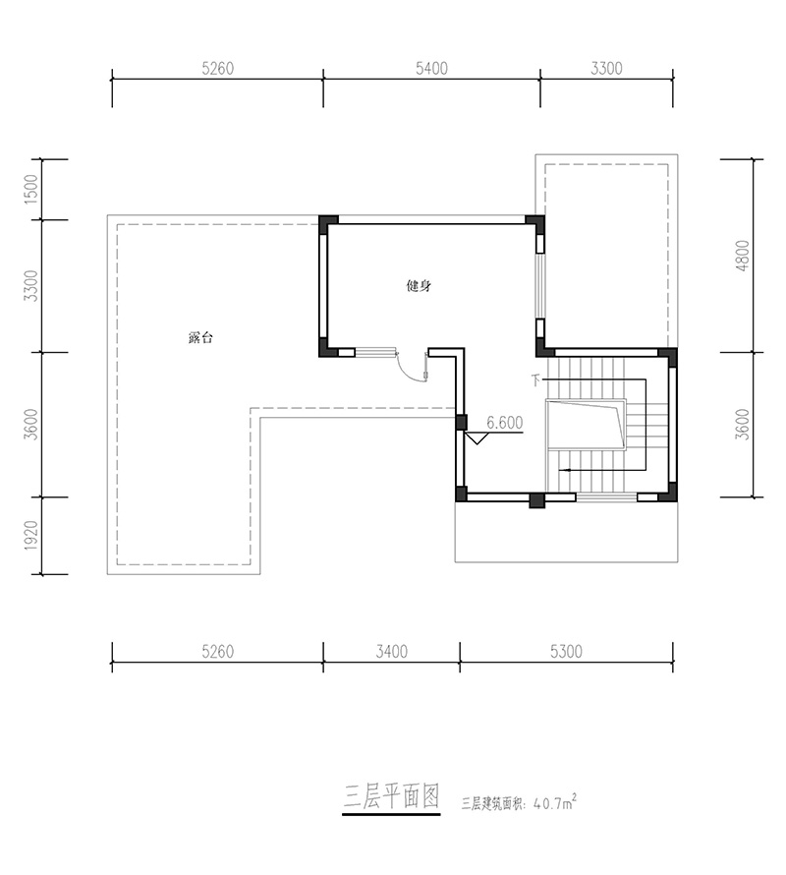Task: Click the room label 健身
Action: [419, 286]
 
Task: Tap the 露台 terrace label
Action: [200, 337]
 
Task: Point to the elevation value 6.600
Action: [505, 423]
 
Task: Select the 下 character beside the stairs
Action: [536, 380]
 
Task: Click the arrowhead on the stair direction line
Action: [563, 470]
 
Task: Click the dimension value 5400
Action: [431, 68]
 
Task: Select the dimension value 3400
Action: [392, 651]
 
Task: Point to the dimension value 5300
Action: [566, 651]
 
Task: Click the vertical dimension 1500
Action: [31, 189]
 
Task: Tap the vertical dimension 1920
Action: [31, 536]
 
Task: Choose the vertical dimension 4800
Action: [743, 256]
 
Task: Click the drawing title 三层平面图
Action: [392, 796]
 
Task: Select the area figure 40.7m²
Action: [555, 803]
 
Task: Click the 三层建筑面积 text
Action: [491, 804]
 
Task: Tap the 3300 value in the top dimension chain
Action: [606, 68]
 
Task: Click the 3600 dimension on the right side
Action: [743, 425]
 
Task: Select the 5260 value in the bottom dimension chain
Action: [217, 651]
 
